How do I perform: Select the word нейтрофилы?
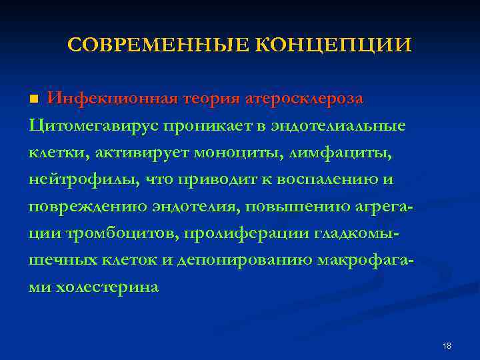[74, 181]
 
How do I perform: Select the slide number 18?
[447, 346]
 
